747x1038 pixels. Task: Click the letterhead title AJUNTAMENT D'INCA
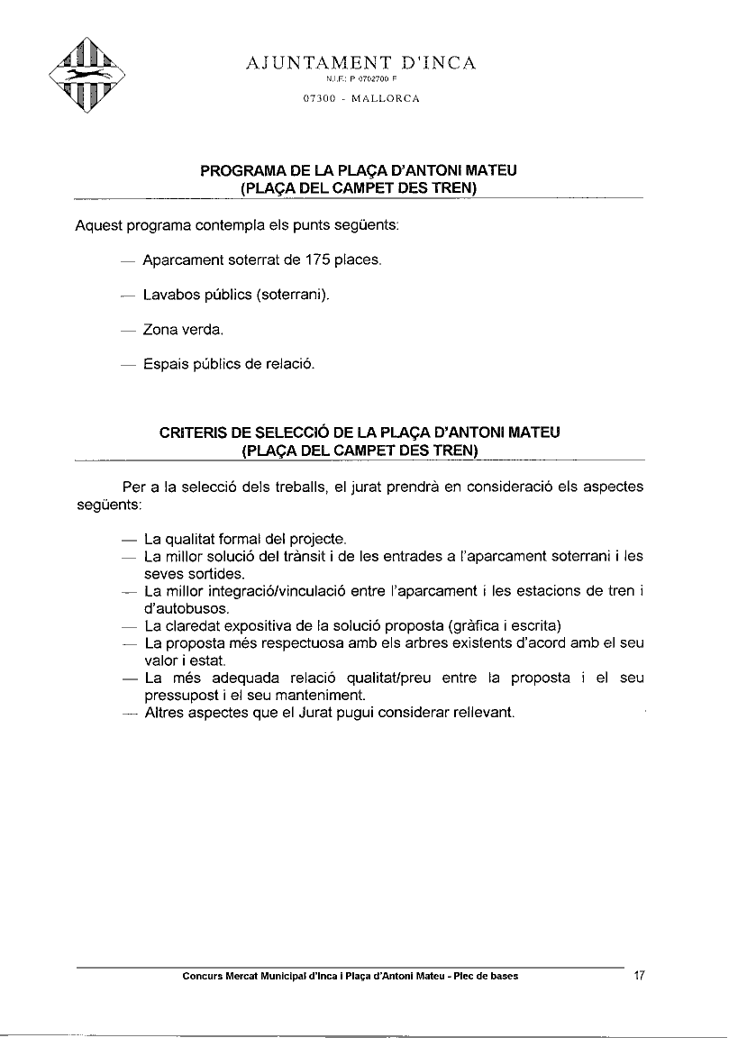tap(361, 63)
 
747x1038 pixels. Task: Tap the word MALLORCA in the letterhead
tap(387, 98)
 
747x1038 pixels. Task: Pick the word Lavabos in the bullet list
tap(170, 295)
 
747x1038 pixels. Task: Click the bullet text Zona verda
tap(183, 330)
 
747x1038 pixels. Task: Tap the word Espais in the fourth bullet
tap(166, 365)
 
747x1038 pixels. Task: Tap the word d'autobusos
tap(180, 608)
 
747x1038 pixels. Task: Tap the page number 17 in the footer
tap(640, 975)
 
